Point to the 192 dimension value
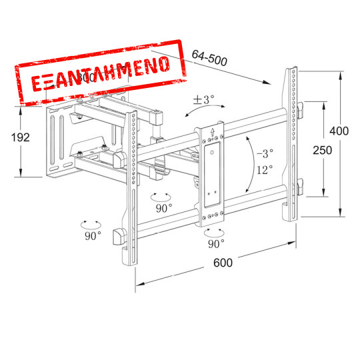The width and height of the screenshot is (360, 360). (21, 137)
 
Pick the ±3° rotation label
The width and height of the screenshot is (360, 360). (203, 99)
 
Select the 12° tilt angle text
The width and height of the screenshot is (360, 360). (264, 170)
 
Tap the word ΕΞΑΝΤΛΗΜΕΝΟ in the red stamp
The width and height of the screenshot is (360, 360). (100, 73)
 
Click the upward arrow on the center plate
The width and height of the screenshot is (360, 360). (212, 131)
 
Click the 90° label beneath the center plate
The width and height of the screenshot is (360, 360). (215, 244)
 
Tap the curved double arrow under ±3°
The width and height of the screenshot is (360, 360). (205, 111)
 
